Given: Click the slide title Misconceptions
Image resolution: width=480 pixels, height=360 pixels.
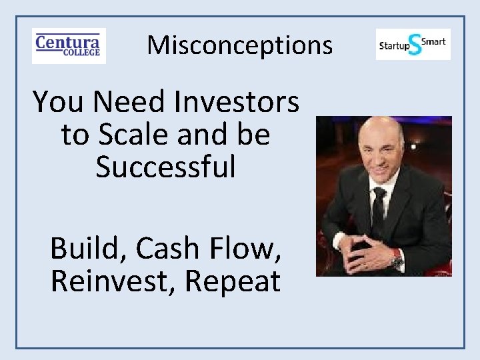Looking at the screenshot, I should click(239, 45).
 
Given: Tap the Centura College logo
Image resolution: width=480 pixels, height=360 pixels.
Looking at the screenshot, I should click(69, 45).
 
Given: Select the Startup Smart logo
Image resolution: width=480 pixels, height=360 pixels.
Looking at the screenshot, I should click(413, 45).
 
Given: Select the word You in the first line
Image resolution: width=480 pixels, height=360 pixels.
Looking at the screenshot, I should click(61, 102).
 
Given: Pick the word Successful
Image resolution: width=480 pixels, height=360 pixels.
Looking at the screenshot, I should click(165, 167).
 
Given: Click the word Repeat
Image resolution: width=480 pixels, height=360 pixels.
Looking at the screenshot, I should click(232, 281).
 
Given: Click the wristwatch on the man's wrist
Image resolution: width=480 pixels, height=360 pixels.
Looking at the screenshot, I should click(398, 259).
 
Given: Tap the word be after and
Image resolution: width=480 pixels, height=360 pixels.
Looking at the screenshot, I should click(253, 135).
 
